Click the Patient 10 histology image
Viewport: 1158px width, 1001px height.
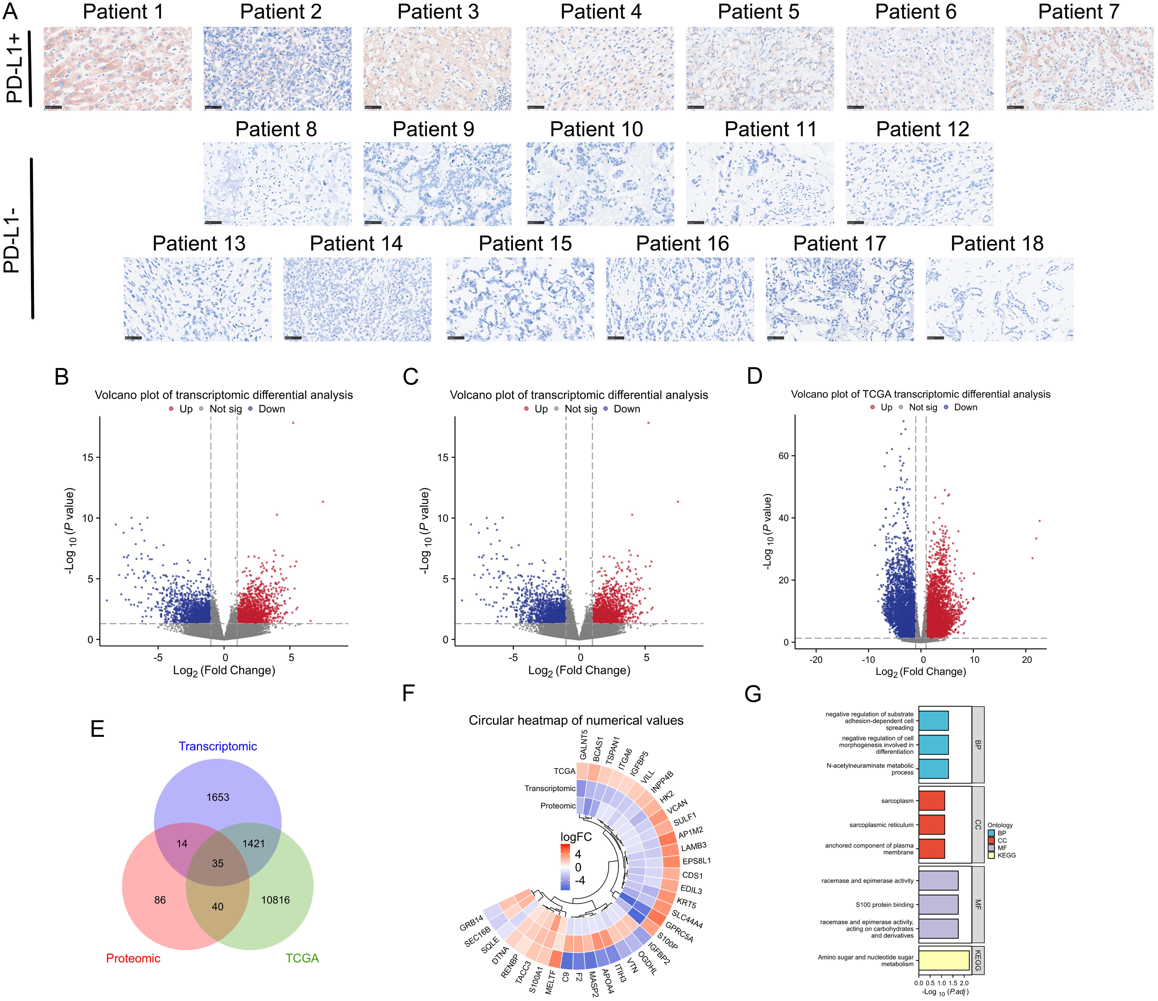[600, 184]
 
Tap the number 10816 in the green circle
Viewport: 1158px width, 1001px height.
[276, 900]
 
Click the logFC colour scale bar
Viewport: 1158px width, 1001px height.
[565, 866]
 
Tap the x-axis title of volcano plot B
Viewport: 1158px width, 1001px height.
[224, 670]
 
